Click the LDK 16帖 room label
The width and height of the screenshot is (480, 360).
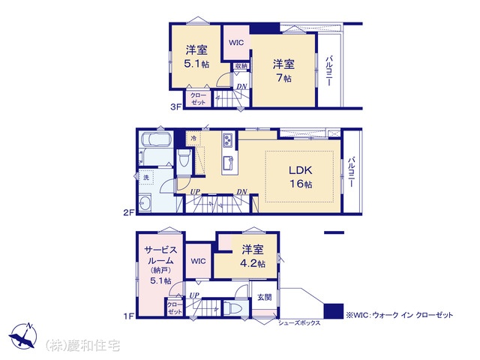(301, 177)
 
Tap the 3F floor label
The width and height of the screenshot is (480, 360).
(176, 106)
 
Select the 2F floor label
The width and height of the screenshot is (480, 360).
(129, 212)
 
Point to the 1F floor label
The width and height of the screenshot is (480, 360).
(129, 315)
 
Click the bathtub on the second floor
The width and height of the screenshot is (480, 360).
(156, 139)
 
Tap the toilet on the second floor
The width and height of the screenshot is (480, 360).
(184, 157)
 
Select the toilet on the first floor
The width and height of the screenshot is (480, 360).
(232, 308)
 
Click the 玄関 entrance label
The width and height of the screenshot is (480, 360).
(264, 297)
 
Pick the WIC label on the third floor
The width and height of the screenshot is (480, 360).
(236, 43)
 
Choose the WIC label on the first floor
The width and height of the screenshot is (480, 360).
(198, 261)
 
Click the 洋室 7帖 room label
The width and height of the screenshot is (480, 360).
(283, 71)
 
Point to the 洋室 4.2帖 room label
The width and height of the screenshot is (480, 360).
(253, 256)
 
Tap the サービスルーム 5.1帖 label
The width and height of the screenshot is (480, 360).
(160, 265)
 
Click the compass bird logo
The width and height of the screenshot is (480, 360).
(23, 336)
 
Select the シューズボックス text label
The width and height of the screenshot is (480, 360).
(299, 322)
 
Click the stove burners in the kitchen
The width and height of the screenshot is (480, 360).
(228, 140)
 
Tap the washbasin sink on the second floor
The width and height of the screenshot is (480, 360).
(144, 203)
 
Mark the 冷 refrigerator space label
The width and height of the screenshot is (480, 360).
(193, 138)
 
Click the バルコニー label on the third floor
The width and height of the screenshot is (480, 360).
(329, 70)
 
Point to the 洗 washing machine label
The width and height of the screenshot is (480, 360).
(146, 177)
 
